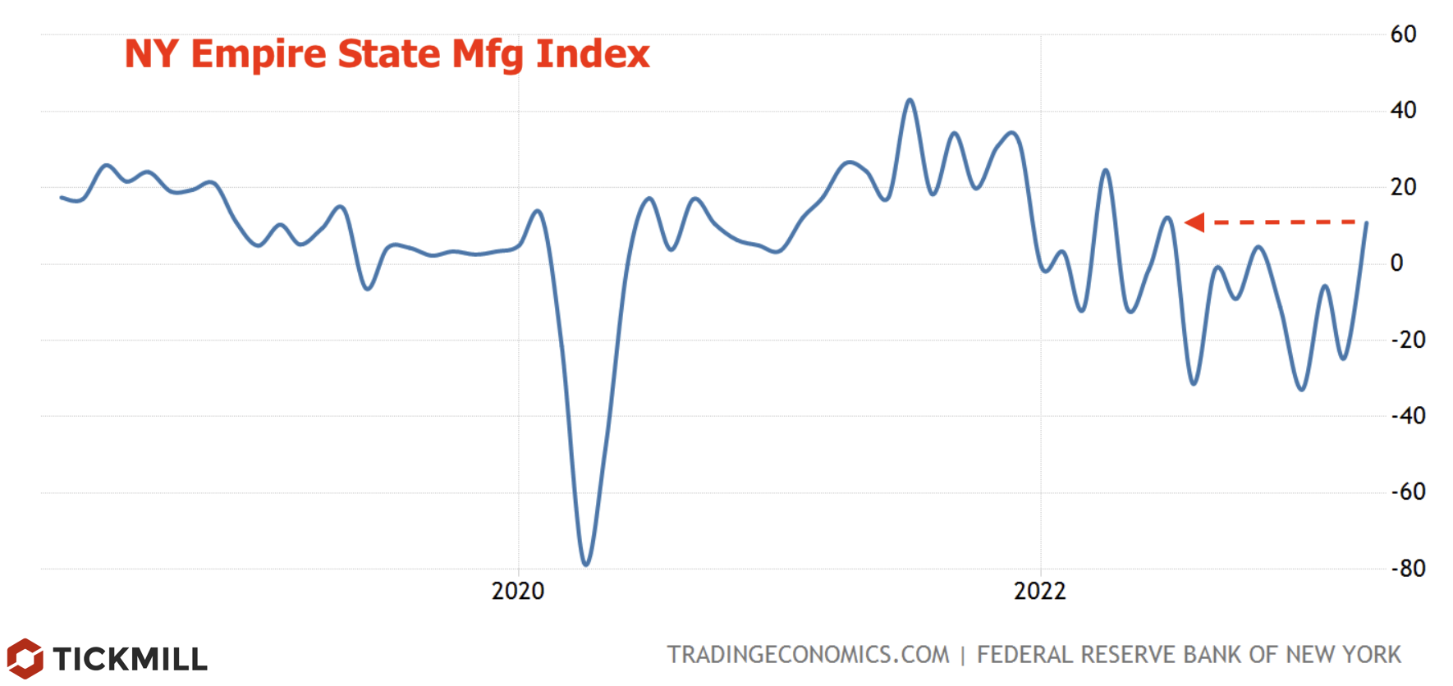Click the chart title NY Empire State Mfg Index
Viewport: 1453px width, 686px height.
coord(387,54)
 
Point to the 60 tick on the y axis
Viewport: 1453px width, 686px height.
coord(1403,34)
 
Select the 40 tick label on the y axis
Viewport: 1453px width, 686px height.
coord(1403,110)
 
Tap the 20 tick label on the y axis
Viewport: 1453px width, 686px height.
coord(1403,187)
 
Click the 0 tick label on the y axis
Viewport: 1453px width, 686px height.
coord(1396,263)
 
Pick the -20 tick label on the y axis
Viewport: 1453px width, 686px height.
coord(1408,340)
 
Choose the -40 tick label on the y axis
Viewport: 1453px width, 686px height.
coord(1408,416)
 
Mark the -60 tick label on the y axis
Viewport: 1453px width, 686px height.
coord(1408,492)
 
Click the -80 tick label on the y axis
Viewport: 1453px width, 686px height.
coord(1408,569)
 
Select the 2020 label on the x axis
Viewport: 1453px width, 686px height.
coord(518,591)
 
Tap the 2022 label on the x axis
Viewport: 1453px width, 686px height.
coord(1040,591)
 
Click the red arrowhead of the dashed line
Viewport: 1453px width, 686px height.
coord(1195,222)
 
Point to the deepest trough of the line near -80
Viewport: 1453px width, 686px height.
coord(585,565)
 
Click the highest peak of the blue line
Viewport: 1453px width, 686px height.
coord(910,100)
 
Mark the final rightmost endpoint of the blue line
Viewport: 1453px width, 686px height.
coord(1366,223)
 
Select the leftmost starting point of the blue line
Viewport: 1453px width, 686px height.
coord(62,197)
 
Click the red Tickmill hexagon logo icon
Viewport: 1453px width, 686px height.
coord(25,658)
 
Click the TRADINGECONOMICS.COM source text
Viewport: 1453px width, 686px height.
coord(808,655)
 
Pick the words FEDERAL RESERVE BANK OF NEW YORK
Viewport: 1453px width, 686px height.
coord(1189,655)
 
